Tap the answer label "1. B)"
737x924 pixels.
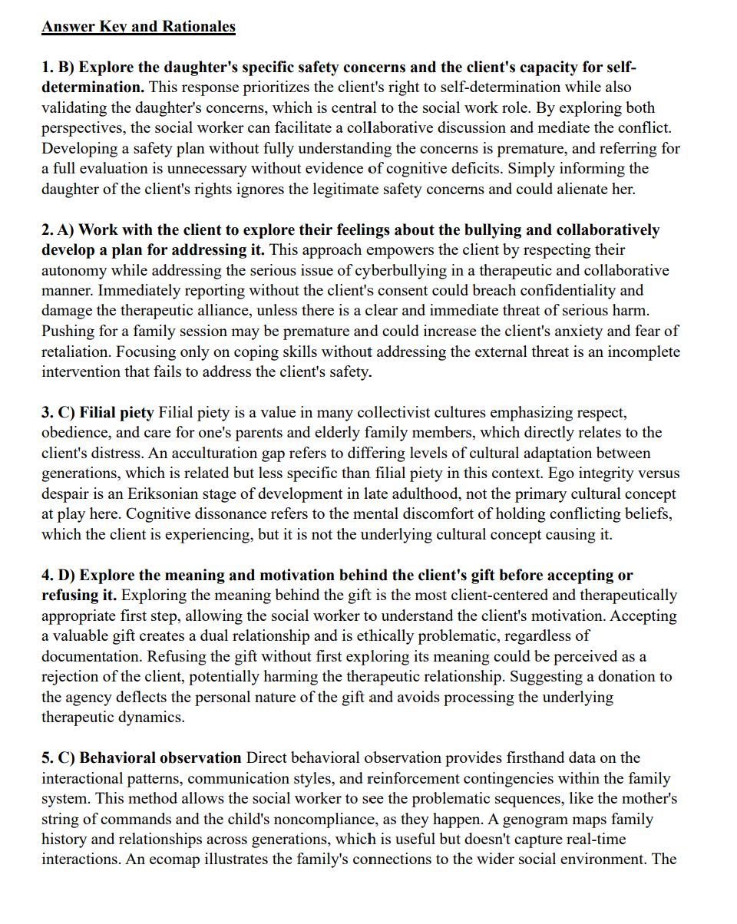click(58, 67)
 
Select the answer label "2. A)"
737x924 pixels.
click(58, 229)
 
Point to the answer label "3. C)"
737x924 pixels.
click(58, 412)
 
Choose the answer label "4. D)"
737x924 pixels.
click(59, 575)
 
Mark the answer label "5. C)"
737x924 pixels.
click(58, 757)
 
